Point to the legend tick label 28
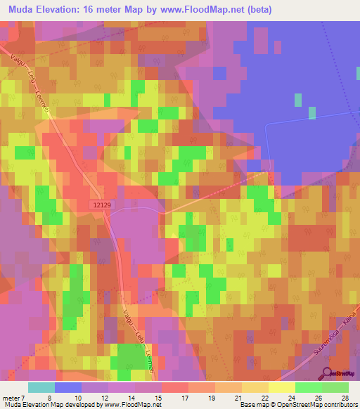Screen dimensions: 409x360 coord(344,398)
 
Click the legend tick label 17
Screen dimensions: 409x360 coord(184,398)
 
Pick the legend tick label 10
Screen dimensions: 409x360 coord(77,398)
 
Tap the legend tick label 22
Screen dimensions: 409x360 coord(264,398)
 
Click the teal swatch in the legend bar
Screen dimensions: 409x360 coord(41,387)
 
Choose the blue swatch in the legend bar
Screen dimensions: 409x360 coord(68,387)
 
